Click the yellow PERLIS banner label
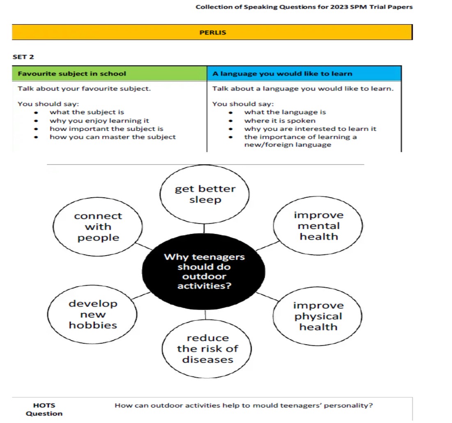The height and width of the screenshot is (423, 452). [x=212, y=32]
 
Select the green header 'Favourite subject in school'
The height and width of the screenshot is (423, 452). [x=72, y=74]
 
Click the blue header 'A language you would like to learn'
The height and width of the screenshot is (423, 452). [x=282, y=74]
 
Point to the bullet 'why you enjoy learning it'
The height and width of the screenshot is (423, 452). [x=99, y=121]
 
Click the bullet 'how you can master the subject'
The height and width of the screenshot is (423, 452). [x=112, y=137]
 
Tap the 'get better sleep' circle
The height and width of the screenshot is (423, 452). [x=205, y=194]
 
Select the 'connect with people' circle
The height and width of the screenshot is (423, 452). [x=99, y=227]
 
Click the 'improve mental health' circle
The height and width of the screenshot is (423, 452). [x=318, y=226]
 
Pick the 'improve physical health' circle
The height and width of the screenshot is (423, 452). [x=318, y=316]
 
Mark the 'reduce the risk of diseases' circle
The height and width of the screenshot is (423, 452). [x=207, y=349]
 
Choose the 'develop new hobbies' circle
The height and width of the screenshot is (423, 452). [x=93, y=315]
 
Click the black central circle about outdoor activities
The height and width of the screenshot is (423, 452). [x=204, y=271]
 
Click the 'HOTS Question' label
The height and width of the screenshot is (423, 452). [x=44, y=409]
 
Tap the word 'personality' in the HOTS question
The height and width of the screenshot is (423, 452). [x=352, y=406]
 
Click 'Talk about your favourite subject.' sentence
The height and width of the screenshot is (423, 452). [x=84, y=89]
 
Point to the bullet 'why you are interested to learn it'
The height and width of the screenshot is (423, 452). [x=310, y=129]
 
